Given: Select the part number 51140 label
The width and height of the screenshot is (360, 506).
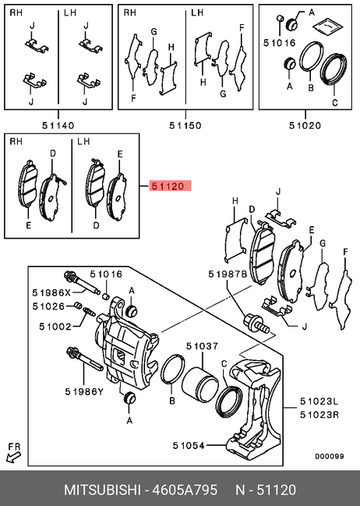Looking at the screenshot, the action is pyautogui.click(x=58, y=126).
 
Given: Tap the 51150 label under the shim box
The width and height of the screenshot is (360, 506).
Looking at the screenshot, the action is pyautogui.click(x=185, y=126).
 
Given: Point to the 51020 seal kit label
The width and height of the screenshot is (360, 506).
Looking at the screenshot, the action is pyautogui.click(x=305, y=126).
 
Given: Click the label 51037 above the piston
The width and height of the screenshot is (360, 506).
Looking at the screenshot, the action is pyautogui.click(x=203, y=346).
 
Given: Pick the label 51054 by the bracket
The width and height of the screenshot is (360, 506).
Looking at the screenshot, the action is pyautogui.click(x=189, y=446).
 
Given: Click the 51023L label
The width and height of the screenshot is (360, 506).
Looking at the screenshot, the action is pyautogui.click(x=319, y=401).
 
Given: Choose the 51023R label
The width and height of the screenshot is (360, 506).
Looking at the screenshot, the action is pyautogui.click(x=319, y=414).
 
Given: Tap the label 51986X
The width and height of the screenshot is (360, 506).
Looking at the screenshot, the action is pyautogui.click(x=51, y=292).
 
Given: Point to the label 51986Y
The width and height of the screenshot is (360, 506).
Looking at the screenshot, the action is pyautogui.click(x=84, y=391).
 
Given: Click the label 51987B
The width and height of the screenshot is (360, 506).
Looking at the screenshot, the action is pyautogui.click(x=228, y=274).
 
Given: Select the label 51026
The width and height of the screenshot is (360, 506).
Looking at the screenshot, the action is pyautogui.click(x=48, y=306).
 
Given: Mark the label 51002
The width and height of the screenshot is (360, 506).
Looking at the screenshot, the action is pyautogui.click(x=55, y=327).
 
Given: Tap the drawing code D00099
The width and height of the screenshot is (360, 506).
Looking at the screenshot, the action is pyautogui.click(x=330, y=456).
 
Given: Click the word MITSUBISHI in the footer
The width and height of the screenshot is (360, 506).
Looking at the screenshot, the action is pyautogui.click(x=102, y=490).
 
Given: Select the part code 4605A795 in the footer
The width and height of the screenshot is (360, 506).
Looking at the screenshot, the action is pyautogui.click(x=185, y=490).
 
